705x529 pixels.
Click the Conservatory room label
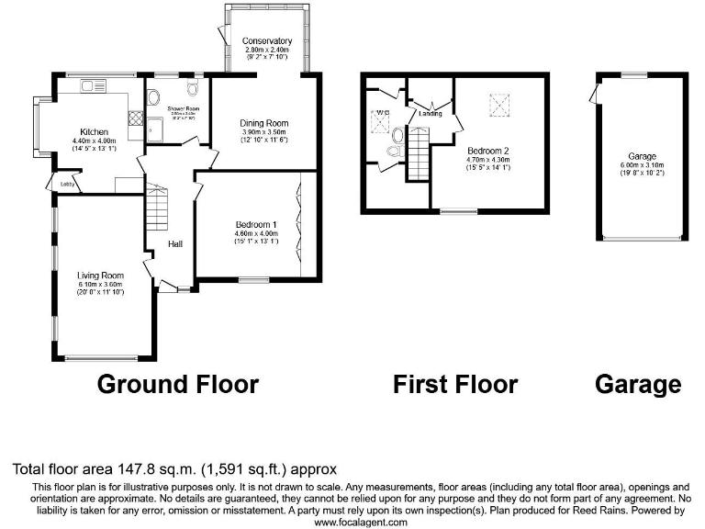(267, 41)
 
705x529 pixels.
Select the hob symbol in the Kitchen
(136, 118)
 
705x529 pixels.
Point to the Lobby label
(67, 185)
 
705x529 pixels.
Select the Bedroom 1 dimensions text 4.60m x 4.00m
(256, 233)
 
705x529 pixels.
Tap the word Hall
(175, 244)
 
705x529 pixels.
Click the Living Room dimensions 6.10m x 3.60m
(100, 285)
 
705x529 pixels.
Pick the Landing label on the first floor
(431, 114)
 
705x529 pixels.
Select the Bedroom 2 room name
(487, 150)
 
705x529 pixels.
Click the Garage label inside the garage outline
(642, 156)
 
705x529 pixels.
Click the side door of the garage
(594, 93)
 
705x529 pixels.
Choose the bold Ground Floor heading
(177, 384)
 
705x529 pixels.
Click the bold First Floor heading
(455, 384)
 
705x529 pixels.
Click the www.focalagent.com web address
(360, 522)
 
